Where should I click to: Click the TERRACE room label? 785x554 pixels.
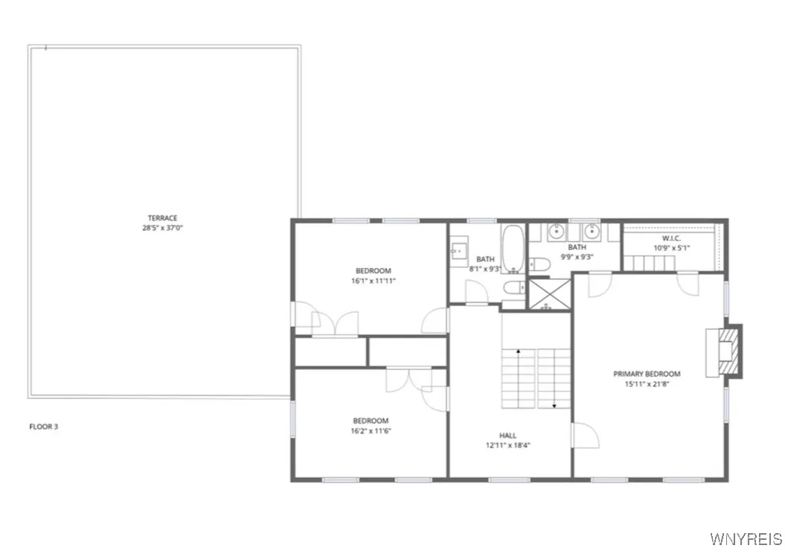[162, 218]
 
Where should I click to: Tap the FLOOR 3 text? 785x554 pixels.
[44, 427]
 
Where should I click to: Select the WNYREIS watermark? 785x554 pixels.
[746, 539]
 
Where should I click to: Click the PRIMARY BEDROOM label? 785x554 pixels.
[647, 374]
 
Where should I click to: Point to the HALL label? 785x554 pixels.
[507, 436]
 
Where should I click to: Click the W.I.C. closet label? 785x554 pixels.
[671, 238]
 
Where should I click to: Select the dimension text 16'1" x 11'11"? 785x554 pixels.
[374, 281]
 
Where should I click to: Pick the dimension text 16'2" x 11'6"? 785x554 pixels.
[371, 431]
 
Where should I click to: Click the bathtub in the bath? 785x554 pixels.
[513, 249]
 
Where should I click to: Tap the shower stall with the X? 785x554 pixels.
[550, 295]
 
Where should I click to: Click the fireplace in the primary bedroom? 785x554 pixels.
[724, 351]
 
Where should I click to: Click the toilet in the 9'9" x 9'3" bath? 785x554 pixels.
[539, 264]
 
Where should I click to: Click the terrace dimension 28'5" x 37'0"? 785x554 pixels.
[162, 228]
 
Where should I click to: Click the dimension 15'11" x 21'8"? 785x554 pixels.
[647, 384]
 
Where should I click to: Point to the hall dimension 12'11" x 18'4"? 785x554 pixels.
[507, 445]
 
